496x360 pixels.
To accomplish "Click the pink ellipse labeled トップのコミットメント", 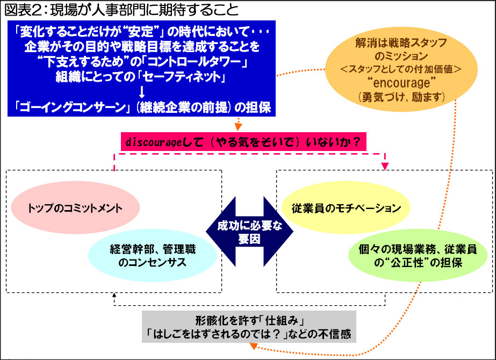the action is click(75, 207).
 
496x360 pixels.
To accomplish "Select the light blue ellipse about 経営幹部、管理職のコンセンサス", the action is click(153, 256).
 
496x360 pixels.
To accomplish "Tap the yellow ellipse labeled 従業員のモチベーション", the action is click(346, 207).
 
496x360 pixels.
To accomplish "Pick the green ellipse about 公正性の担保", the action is click(418, 256).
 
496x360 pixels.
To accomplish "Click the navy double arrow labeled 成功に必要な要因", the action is click(249, 232).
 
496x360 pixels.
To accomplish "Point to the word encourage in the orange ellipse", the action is click(402, 83).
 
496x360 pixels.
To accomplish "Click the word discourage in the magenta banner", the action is click(154, 142).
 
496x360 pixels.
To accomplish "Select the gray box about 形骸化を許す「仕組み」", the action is click(249, 327).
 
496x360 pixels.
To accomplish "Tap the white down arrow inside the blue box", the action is click(142, 92).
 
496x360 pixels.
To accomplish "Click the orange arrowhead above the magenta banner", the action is click(238, 127).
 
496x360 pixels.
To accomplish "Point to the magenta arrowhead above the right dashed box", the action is click(385, 166).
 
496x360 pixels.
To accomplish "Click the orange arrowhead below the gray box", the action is click(254, 346).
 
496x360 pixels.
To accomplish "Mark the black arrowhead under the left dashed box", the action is click(114, 295).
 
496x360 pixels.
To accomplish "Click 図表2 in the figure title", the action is click(23, 10).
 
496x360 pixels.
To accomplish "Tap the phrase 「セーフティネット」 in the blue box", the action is click(183, 77).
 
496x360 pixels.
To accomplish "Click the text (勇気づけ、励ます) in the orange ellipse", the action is click(402, 97).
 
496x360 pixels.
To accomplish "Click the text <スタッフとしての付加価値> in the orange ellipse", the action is click(401, 69).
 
